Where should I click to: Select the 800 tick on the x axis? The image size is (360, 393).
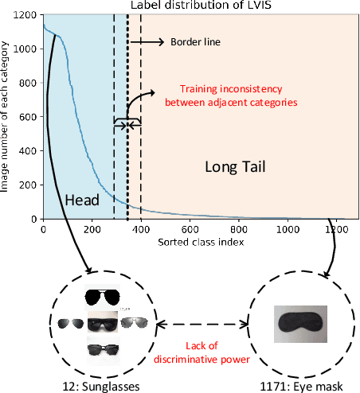239,228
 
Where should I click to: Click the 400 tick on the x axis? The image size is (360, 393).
141,228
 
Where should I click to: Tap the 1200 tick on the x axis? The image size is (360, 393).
335,228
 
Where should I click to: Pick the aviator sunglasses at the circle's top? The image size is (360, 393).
103,298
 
